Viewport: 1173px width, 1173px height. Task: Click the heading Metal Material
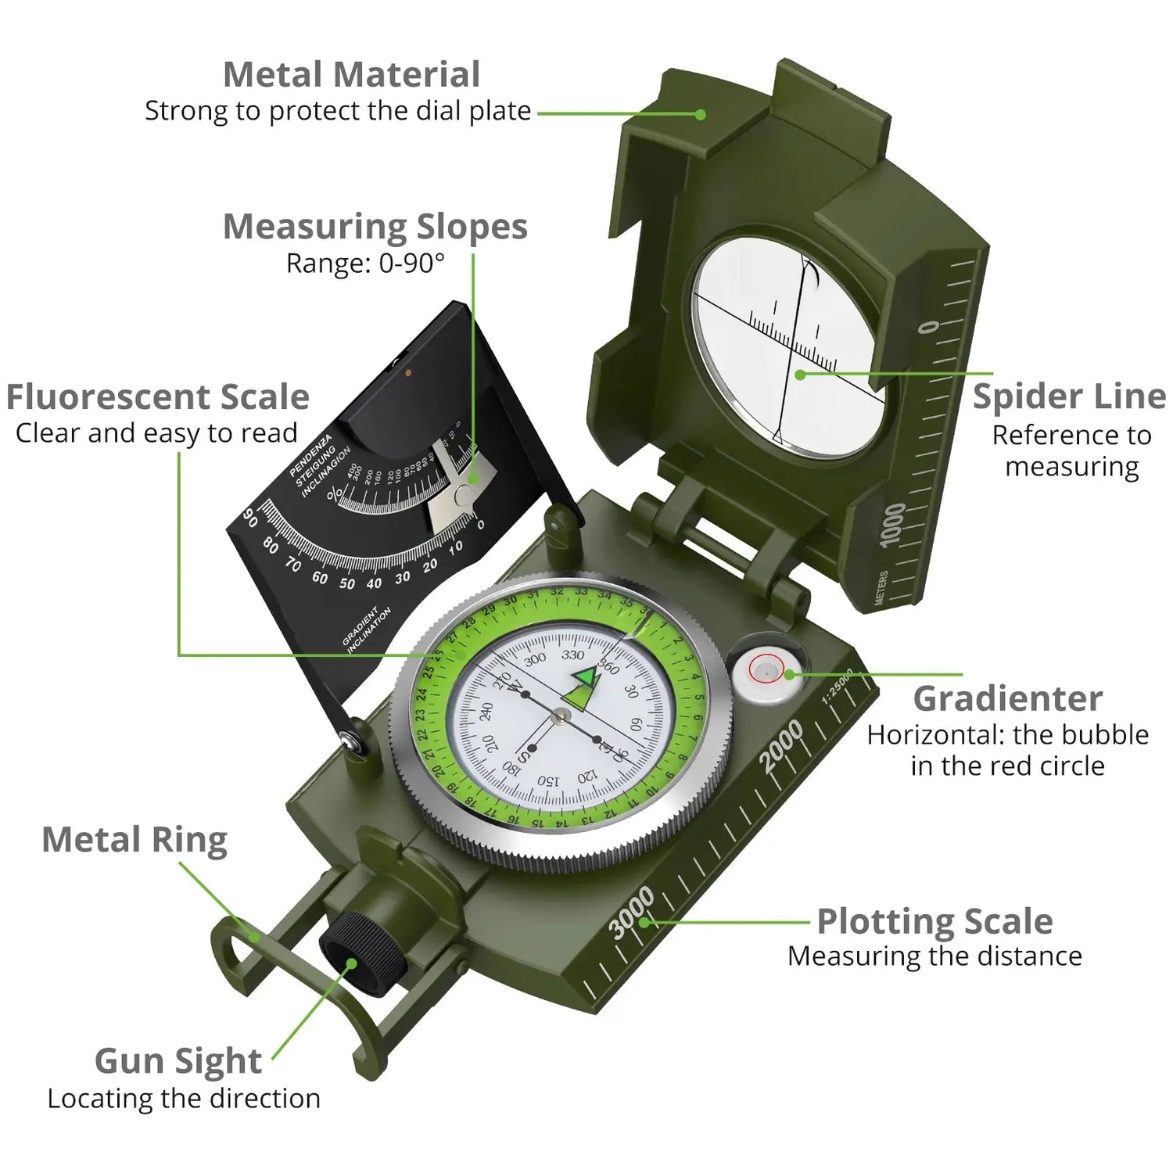(x=351, y=75)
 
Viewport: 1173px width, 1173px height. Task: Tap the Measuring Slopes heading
(x=375, y=227)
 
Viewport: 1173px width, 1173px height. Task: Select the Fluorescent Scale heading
(x=157, y=397)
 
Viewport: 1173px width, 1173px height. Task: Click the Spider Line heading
(x=1069, y=396)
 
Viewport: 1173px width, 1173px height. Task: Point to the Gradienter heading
(x=1007, y=699)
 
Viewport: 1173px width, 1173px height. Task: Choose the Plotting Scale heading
(x=934, y=921)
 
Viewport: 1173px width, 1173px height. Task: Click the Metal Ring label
(x=135, y=840)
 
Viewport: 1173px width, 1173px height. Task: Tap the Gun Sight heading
(x=178, y=1061)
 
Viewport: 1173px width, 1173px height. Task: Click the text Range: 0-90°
(x=365, y=264)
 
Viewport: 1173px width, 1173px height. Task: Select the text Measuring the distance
(x=934, y=956)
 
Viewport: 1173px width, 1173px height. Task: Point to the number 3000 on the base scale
(x=631, y=913)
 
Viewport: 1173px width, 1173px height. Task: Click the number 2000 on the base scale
(x=780, y=745)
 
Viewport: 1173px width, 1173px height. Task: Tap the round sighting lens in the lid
(x=790, y=342)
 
